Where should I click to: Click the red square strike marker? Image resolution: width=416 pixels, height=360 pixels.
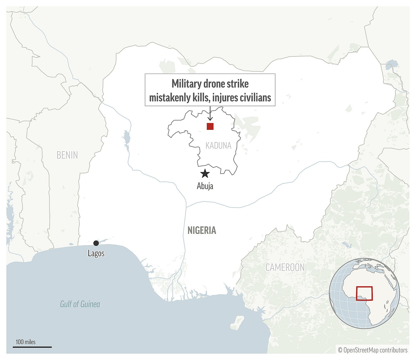coord(210,126)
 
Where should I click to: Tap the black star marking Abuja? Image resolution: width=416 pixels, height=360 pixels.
coord(205,173)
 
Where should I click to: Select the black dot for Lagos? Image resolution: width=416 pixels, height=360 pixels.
coord(96,243)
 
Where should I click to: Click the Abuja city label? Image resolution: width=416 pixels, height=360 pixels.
coord(205,186)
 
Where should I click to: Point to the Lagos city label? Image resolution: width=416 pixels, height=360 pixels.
coord(96,254)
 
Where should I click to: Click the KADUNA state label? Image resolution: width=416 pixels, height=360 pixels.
coord(218,145)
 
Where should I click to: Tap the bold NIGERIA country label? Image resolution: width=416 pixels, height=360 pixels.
coord(202,230)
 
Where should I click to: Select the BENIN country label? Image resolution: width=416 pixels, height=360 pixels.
coord(67,155)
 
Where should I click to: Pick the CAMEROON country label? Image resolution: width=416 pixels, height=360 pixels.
coord(285,267)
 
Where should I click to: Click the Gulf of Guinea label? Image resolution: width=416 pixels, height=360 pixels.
coord(80,304)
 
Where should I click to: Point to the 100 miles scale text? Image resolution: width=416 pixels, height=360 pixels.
coord(26,342)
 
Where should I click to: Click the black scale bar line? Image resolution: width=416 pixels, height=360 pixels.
coord(32,347)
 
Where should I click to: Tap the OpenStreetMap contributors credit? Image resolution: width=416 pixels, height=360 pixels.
coord(373,350)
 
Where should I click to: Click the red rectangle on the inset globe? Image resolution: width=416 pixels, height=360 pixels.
coord(364,293)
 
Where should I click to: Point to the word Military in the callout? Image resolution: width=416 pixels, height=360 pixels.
coord(186,84)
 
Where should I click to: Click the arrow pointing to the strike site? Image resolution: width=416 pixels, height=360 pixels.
coord(210,114)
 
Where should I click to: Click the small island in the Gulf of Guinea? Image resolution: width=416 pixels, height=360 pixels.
coord(237,322)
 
